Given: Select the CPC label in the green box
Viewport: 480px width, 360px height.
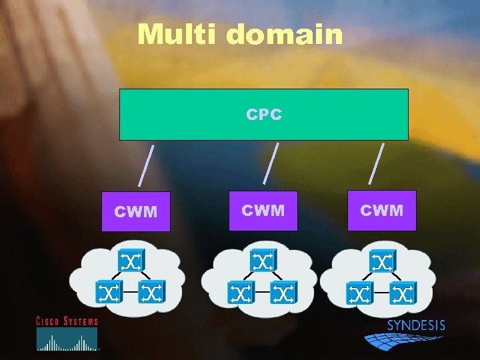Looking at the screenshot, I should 264,115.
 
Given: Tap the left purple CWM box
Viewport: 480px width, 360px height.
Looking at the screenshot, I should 136,212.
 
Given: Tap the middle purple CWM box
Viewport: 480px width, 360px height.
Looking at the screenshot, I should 263,211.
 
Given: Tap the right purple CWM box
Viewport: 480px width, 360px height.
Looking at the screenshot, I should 382,211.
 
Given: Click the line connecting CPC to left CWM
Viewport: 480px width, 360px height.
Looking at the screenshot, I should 147,165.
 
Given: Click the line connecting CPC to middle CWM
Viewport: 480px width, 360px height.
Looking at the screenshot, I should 271,163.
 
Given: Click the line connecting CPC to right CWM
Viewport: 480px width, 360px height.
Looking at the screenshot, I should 377,163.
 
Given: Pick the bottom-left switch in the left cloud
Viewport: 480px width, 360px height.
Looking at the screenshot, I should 108,291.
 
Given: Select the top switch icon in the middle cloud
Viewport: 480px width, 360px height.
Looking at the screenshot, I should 262,261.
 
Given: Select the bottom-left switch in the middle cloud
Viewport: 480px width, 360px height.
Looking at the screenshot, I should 240,291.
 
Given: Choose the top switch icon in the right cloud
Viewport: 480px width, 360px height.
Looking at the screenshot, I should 382,261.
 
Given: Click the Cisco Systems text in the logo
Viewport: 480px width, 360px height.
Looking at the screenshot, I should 67,321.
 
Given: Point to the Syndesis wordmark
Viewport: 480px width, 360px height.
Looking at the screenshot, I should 416,326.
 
